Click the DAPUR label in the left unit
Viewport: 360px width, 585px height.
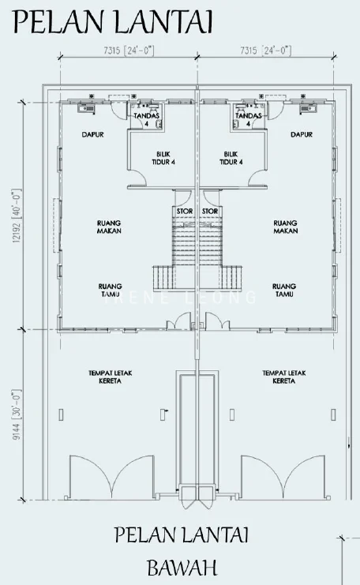tap(92, 134)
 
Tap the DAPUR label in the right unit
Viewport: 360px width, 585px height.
tap(302, 134)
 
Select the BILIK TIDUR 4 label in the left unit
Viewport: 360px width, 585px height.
tap(163, 158)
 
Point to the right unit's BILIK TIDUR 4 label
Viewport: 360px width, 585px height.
tap(231, 158)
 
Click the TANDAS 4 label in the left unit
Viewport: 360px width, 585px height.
tap(147, 119)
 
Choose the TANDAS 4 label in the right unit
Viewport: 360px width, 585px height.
tap(248, 119)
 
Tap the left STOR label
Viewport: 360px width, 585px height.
tap(185, 211)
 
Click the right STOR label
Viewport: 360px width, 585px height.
tap(210, 211)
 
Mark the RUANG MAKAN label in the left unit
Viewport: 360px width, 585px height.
tap(109, 227)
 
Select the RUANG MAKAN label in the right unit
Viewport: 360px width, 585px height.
tap(285, 227)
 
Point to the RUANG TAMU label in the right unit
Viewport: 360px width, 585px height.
tap(284, 291)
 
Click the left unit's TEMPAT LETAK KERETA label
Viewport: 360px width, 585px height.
tap(110, 377)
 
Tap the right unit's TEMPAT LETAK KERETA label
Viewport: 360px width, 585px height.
tap(284, 377)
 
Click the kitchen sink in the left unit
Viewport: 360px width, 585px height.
tap(86, 108)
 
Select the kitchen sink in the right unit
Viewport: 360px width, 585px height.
tap(308, 108)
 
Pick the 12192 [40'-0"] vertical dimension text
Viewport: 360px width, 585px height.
tap(17, 216)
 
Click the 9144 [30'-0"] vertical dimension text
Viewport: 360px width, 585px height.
tap(17, 415)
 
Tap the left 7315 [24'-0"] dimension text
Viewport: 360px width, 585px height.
tap(129, 51)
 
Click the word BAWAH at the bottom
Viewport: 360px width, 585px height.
tap(182, 568)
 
